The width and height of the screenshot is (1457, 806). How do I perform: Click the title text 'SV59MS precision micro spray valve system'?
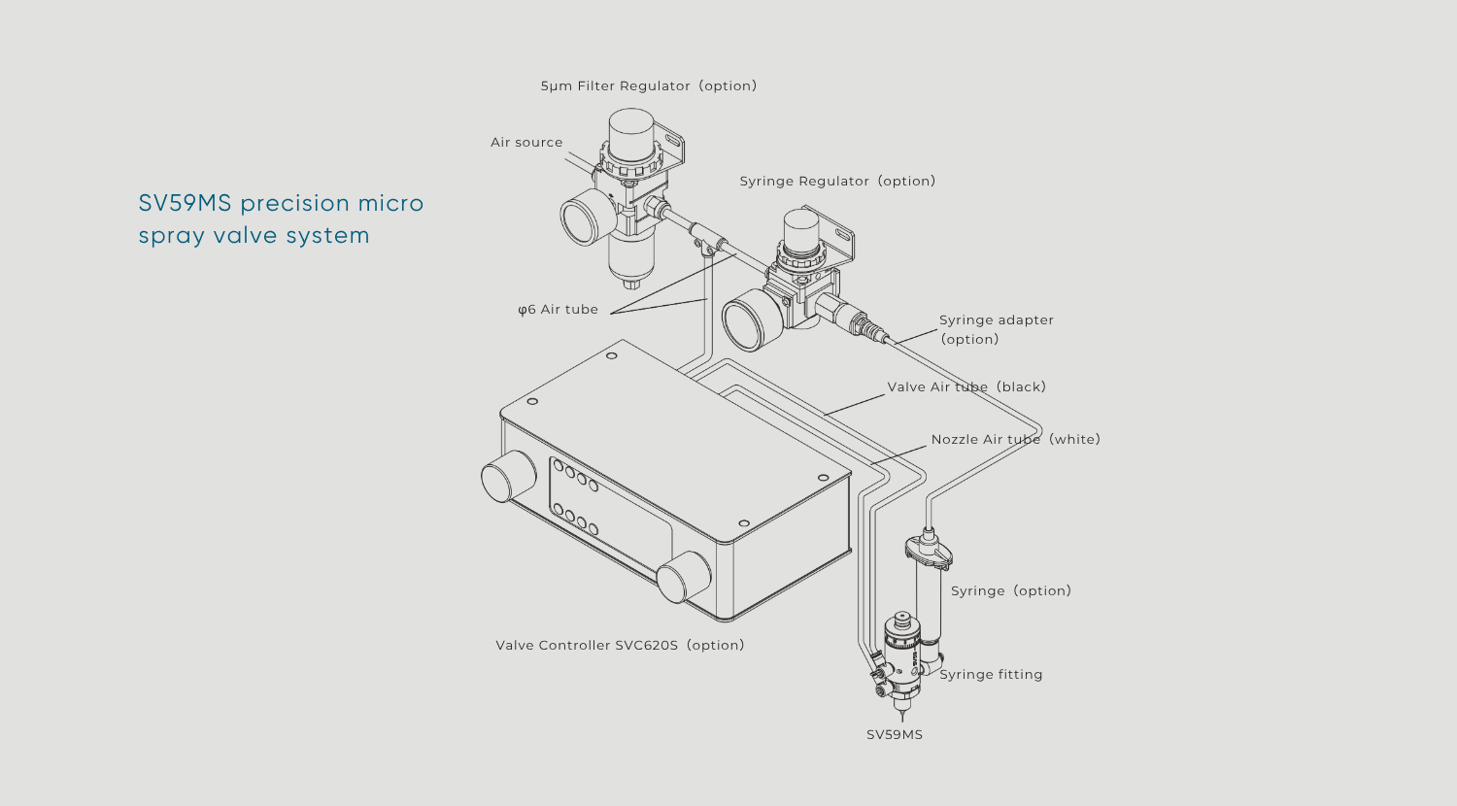(x=281, y=218)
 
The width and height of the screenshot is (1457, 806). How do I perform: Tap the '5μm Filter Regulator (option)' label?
(x=648, y=85)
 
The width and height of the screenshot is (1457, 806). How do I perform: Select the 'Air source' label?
(x=526, y=142)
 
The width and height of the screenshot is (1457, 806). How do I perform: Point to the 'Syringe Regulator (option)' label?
(x=837, y=181)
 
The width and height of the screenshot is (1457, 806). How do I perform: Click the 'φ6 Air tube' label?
(x=558, y=309)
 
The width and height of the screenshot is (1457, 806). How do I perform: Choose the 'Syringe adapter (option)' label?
(x=996, y=329)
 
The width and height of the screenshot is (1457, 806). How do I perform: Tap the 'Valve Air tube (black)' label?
(x=966, y=386)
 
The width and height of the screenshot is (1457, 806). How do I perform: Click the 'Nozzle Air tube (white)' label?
(x=1015, y=439)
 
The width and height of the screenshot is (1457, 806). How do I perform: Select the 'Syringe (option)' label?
(x=1010, y=590)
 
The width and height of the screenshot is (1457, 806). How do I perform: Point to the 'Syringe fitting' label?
(x=991, y=674)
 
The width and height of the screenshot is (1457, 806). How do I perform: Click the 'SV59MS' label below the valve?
(x=895, y=734)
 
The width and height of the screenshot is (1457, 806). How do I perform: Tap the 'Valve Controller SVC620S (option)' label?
(x=620, y=645)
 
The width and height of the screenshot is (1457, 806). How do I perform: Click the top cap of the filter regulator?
(x=631, y=128)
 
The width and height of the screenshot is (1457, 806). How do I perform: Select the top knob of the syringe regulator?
(x=802, y=231)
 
